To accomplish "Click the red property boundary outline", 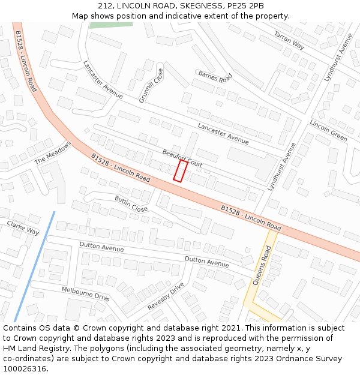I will pyautogui.click(x=180, y=170).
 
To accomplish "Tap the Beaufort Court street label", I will pyautogui.click(x=182, y=157).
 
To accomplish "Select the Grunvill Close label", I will pyautogui.click(x=151, y=86).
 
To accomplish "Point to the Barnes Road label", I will pyautogui.click(x=215, y=77).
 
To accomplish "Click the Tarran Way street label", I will pyautogui.click(x=289, y=40).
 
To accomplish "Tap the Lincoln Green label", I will pyautogui.click(x=328, y=130).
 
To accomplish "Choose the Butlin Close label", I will pyautogui.click(x=131, y=204).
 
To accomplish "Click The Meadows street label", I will pyautogui.click(x=53, y=152).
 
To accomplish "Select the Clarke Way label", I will pyautogui.click(x=23, y=227).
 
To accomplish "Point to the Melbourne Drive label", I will pyautogui.click(x=85, y=293).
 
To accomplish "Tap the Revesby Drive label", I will pyautogui.click(x=166, y=296).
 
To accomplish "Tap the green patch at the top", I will pyautogui.click(x=111, y=25).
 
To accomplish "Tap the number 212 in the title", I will pyautogui.click(x=105, y=6).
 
